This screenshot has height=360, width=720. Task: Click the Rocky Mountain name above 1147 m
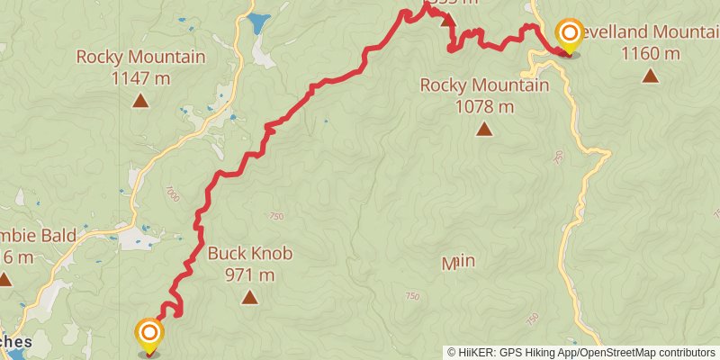[x=140, y=57]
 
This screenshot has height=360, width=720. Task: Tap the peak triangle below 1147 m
[x=140, y=101]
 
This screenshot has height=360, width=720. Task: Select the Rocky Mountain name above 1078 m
[x=484, y=85]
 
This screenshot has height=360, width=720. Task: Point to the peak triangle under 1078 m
[x=484, y=130]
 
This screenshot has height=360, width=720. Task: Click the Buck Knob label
[x=249, y=254]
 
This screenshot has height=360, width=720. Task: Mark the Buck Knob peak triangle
[x=249, y=298]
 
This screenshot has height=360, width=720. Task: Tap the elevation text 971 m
[x=249, y=274]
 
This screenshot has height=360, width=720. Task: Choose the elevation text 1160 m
[x=650, y=52]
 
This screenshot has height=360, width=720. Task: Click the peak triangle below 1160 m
[x=650, y=76]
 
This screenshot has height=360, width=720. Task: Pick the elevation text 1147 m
[x=140, y=77]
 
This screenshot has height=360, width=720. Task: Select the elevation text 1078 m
[x=484, y=106]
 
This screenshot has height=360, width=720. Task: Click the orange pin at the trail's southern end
[x=148, y=334]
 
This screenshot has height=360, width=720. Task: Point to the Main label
[x=458, y=263]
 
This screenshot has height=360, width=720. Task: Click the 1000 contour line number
[x=172, y=193]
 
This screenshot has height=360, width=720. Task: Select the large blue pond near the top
[x=258, y=22]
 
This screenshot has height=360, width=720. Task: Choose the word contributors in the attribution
[x=685, y=352]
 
